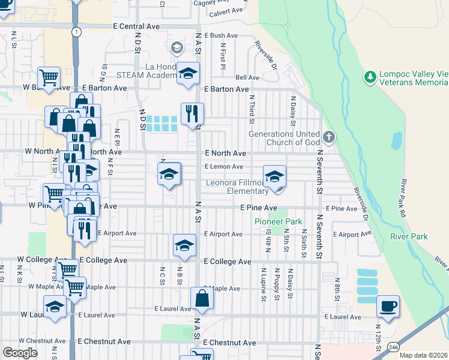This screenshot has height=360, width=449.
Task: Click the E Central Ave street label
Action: point(136,26)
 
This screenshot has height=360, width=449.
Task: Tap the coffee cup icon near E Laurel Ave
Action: point(387,306)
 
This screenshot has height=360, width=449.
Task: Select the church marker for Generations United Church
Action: point(328,137)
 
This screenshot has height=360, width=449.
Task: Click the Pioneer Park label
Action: point(278,221)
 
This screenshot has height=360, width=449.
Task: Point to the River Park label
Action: point(409,236)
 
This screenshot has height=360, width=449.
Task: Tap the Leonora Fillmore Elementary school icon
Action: point(274,176)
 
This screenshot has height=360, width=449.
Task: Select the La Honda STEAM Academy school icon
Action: point(188,73)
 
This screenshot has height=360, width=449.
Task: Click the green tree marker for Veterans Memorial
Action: point(370,77)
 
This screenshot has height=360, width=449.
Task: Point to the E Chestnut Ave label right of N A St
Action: point(230,343)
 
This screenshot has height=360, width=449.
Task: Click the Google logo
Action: point(20,353)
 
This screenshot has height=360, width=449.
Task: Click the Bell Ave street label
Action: point(247,77)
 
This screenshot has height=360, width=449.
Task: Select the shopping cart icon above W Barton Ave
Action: point(49,77)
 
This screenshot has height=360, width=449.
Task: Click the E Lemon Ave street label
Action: point(223,167)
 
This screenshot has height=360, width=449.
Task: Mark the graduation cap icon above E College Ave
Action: point(184,245)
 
